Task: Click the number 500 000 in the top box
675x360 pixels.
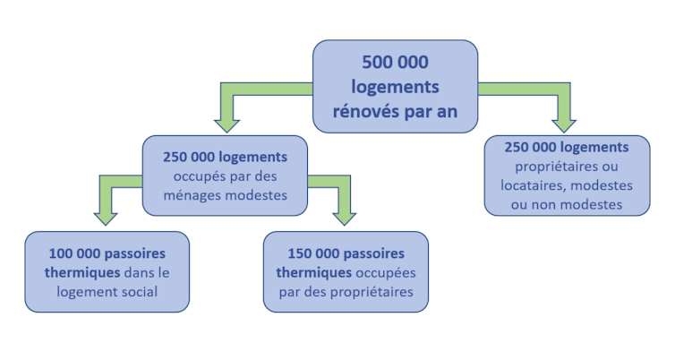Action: click(x=395, y=62)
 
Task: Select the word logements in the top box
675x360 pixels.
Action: click(x=395, y=88)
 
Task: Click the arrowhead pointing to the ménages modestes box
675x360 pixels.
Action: click(x=226, y=125)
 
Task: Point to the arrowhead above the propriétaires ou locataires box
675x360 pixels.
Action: click(x=564, y=125)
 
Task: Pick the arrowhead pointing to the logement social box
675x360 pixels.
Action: click(x=106, y=219)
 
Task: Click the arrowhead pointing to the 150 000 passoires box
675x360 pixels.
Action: click(x=345, y=219)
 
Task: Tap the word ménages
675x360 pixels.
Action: click(x=192, y=195)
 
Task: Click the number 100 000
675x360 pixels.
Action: click(x=73, y=253)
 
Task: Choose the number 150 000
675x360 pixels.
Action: click(x=313, y=253)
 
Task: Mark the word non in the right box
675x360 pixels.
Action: click(x=543, y=204)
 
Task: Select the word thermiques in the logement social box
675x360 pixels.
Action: click(x=82, y=272)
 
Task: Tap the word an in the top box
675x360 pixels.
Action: click(x=448, y=112)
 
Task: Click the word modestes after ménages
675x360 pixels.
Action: click(x=256, y=195)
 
